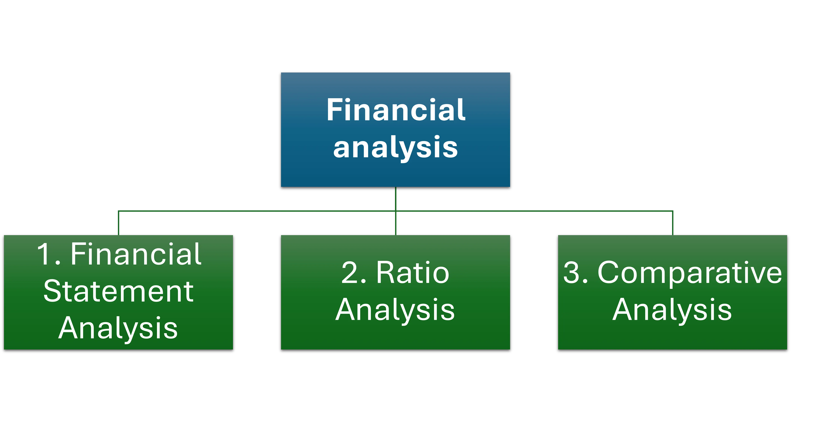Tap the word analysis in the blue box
[395, 147]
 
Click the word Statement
[118, 291]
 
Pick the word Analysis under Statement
[118, 329]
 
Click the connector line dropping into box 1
[118, 223]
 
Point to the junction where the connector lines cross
[396, 211]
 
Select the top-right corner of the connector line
[673, 211]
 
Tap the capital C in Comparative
[608, 273]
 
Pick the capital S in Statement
[53, 291]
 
